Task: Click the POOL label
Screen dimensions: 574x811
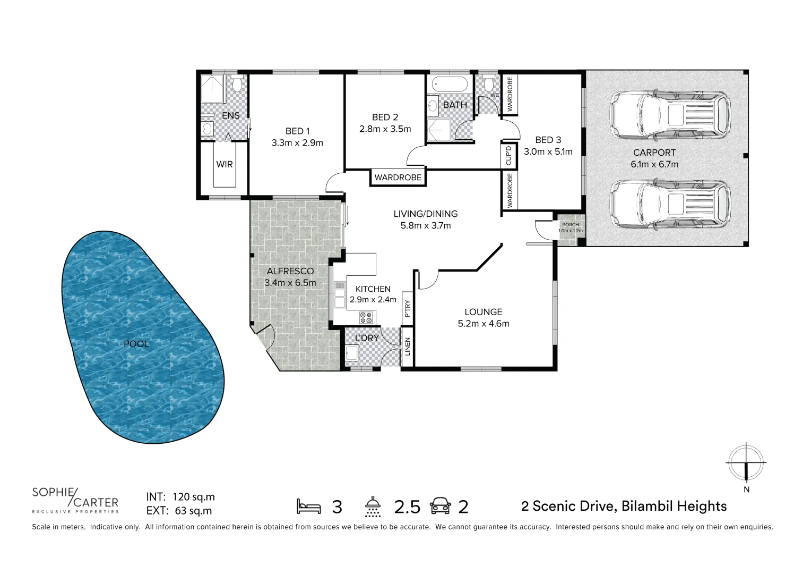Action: click(136, 344)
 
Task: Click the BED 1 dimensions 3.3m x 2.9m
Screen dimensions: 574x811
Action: click(297, 143)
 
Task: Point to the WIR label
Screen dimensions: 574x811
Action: click(225, 164)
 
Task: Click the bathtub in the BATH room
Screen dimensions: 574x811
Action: click(449, 83)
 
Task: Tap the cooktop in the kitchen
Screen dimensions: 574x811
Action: click(366, 318)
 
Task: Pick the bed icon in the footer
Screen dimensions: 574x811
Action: click(309, 507)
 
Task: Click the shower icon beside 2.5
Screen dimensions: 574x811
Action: click(373, 507)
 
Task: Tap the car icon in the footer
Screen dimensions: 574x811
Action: click(441, 507)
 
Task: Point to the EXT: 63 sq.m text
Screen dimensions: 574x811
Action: click(179, 511)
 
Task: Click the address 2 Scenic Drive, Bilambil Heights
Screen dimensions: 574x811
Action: click(624, 506)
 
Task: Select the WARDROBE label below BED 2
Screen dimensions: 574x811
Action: click(398, 178)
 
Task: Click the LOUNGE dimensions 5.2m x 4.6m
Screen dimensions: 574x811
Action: click(483, 323)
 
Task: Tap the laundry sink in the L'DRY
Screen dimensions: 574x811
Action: click(352, 353)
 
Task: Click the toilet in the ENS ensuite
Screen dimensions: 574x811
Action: click(237, 85)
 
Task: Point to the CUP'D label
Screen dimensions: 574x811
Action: click(508, 155)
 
